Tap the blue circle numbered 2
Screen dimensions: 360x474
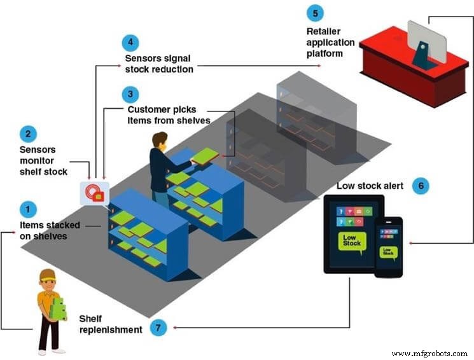coord(28,134)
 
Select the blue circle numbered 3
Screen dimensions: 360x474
coord(130,94)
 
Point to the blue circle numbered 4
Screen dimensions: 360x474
coord(130,43)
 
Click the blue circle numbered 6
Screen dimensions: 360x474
coord(421,186)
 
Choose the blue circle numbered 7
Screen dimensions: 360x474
coord(158,328)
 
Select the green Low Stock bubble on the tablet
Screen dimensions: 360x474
coord(352,241)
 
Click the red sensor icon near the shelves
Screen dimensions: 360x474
coord(94,193)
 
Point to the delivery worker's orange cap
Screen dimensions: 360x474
coord(47,275)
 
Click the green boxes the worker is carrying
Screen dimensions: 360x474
coord(59,308)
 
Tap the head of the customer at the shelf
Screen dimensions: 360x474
coord(160,140)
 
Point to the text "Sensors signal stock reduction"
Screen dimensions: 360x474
coord(158,64)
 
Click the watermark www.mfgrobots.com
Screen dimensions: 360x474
coord(430,353)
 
